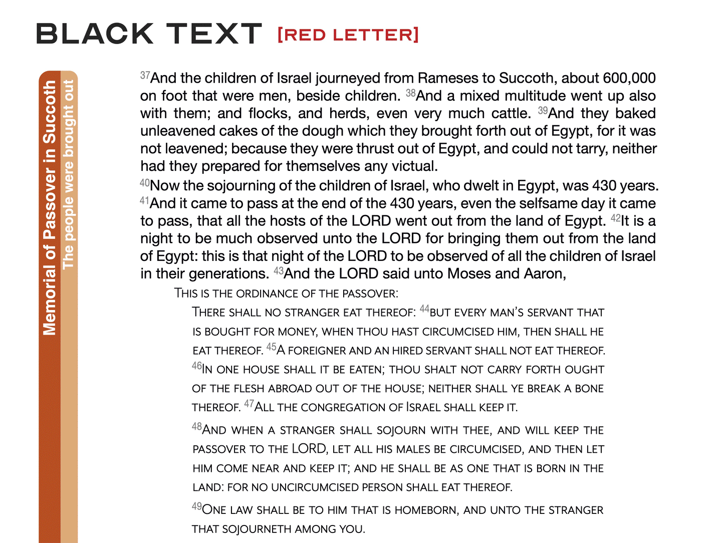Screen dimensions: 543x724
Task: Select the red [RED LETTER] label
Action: tap(348, 35)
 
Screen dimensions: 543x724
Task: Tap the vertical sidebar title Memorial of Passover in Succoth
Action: tap(50, 208)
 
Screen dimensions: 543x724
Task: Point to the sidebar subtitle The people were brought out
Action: tap(69, 174)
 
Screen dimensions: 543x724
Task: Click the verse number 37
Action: tap(145, 76)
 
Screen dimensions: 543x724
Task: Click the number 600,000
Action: tap(629, 78)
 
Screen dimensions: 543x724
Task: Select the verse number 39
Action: tap(543, 111)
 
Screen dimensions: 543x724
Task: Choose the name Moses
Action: tap(469, 274)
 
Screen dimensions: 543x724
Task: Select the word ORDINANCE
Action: tap(270, 294)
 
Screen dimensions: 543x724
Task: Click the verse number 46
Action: tap(196, 366)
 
